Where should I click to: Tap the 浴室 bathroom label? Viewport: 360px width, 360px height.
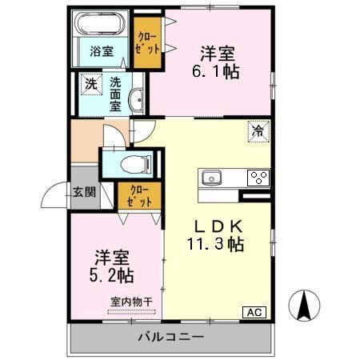(x=101, y=51)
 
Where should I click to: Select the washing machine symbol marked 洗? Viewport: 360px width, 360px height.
(x=91, y=83)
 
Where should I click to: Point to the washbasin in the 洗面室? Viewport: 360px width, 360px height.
(x=136, y=100)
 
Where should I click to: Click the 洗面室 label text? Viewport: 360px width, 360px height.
(x=116, y=93)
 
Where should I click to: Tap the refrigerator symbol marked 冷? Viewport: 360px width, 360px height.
(x=259, y=130)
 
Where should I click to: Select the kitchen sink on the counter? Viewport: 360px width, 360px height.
(x=214, y=177)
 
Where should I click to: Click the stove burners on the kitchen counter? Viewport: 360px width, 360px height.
(x=258, y=177)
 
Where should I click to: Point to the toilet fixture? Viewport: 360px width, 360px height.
(x=132, y=165)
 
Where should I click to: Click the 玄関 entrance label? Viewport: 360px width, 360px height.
(x=86, y=192)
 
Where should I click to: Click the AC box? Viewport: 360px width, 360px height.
(x=254, y=312)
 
